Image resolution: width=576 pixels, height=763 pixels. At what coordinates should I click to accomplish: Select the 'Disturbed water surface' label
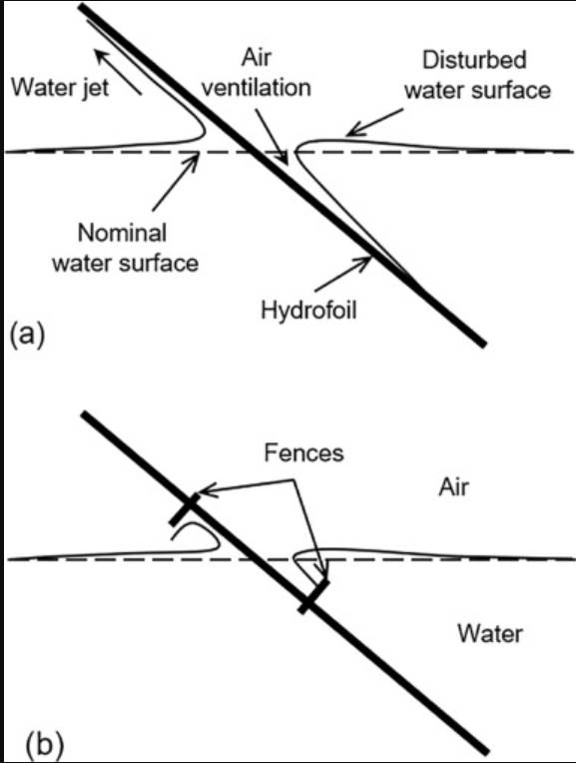click(x=487, y=76)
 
